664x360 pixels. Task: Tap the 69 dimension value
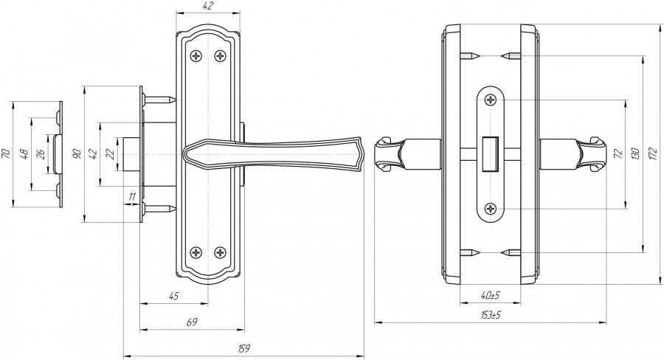click(x=193, y=322)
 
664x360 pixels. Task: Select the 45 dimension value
click(x=174, y=296)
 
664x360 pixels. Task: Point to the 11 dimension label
click(x=132, y=196)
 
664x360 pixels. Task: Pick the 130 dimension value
click(x=634, y=154)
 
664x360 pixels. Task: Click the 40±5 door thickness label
click(x=491, y=295)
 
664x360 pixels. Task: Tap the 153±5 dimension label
click(x=491, y=315)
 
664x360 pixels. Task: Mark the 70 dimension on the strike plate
click(x=5, y=154)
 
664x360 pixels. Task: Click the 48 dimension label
click(x=24, y=154)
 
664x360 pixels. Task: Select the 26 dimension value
click(x=41, y=154)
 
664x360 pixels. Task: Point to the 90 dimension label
click(x=77, y=154)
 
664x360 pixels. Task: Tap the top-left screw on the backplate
click(x=196, y=55)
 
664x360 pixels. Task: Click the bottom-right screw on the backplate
click(x=220, y=253)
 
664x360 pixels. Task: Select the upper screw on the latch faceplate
click(x=491, y=100)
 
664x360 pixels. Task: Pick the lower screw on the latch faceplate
click(x=491, y=208)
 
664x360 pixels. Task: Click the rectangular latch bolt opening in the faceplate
click(x=491, y=154)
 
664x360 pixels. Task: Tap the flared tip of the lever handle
click(x=358, y=154)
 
